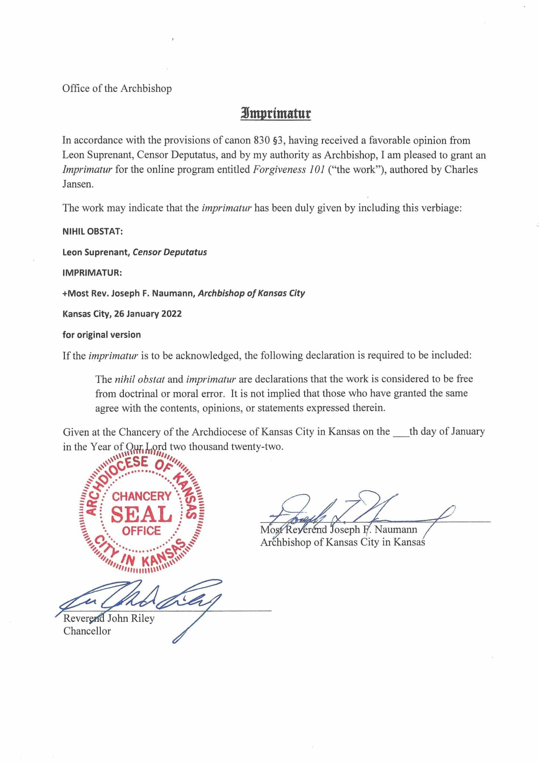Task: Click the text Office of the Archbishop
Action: pos(117,89)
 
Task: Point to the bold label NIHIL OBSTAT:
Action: pos(93,231)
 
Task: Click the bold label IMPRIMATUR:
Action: pos(92,272)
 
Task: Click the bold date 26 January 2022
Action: pos(148,314)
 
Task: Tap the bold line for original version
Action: pos(102,334)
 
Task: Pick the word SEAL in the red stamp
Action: pos(142,514)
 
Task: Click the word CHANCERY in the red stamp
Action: pos(142,496)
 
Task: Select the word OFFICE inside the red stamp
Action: pos(141,531)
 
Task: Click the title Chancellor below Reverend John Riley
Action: pos(87,631)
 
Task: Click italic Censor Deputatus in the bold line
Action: pos(170,252)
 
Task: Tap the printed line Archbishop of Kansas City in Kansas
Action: pos(342,542)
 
